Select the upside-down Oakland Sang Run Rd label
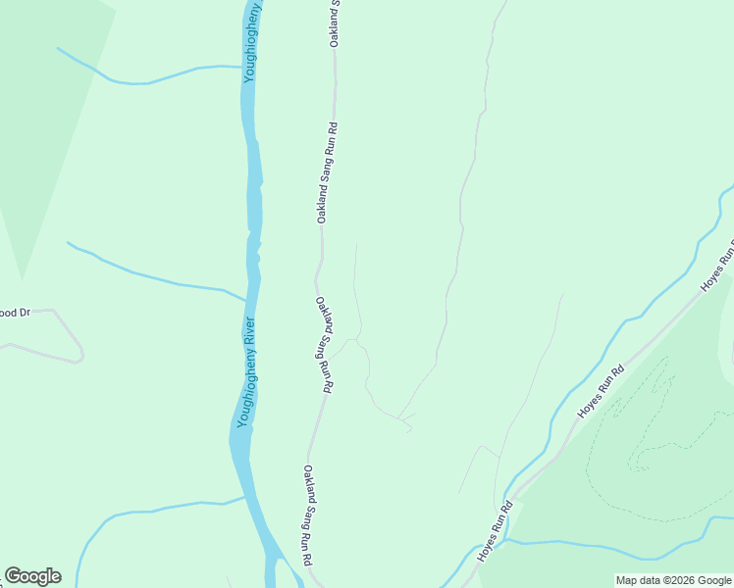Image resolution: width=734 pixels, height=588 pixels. click(322, 345)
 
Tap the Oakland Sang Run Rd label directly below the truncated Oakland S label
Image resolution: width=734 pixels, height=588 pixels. click(327, 172)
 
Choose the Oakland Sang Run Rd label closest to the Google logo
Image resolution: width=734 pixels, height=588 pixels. click(307, 515)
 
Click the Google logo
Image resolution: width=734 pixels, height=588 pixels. click(32, 576)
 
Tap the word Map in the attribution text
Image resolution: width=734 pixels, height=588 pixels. click(625, 581)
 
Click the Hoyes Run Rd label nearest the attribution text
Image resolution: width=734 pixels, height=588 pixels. click(496, 532)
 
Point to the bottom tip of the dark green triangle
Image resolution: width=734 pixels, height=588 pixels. click(22, 278)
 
